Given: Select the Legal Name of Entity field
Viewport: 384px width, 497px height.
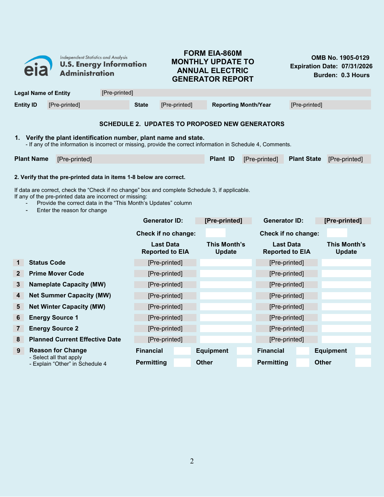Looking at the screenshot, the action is tap(235, 93).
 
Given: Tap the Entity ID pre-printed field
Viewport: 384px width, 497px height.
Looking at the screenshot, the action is tap(88, 105).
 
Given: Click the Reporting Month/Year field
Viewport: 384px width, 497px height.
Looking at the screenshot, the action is tap(330, 105).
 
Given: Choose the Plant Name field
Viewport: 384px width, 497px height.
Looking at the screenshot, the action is tap(130, 159).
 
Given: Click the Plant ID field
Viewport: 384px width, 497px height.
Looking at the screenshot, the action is tap(262, 159).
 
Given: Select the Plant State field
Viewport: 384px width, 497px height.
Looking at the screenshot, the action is tap(348, 159).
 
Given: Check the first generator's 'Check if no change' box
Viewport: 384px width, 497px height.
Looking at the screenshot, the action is tap(215, 233).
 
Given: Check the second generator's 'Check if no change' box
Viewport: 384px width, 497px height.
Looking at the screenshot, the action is tap(337, 233).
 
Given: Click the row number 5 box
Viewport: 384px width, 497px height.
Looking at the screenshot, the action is tap(18, 307).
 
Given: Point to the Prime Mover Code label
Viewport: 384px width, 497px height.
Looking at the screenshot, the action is tap(57, 274).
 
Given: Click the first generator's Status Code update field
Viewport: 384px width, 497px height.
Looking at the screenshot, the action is tap(226, 263).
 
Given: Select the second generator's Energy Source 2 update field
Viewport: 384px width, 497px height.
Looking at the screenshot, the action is tap(346, 329).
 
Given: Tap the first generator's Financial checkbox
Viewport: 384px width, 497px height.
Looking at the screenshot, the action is tap(182, 351).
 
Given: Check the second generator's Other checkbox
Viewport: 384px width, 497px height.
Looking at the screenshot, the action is tap(363, 362).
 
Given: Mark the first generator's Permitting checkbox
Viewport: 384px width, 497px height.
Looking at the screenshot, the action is tap(182, 362).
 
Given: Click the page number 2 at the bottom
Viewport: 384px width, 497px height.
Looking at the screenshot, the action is tap(192, 461).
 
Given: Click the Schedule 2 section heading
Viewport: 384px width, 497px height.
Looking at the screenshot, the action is tap(192, 124).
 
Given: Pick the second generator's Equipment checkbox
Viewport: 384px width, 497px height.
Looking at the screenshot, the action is tap(363, 351).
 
